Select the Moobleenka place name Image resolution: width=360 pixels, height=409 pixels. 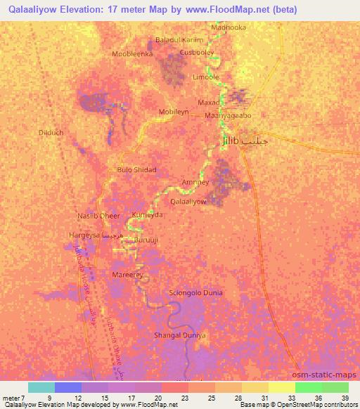tap(132, 53)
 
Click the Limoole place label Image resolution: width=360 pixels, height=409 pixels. tap(206, 77)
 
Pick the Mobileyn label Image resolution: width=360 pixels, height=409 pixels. tap(175, 112)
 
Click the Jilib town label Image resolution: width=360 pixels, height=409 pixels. tap(235, 141)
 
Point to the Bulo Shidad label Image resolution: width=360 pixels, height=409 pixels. tap(136, 170)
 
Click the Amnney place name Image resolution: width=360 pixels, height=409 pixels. tap(195, 182)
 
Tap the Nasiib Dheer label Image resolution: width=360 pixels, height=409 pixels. tap(99, 216)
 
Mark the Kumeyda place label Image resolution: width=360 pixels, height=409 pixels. tap(147, 216)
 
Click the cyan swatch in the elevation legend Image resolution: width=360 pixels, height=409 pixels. tap(41, 387)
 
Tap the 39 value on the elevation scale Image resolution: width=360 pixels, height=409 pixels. tap(345, 398)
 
